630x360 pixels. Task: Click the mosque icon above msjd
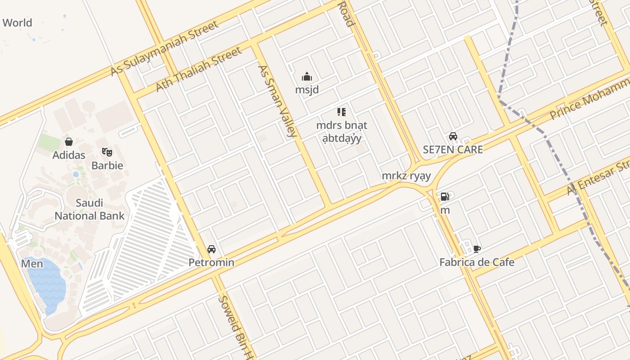coord(307,76)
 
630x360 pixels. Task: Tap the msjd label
coord(307,90)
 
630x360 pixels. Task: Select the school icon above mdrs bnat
coord(342,112)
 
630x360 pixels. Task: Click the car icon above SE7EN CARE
coord(453,136)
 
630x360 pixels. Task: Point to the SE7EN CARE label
coord(453,149)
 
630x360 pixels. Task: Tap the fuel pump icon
coord(445,197)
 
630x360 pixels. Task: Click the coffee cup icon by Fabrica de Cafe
coord(477,249)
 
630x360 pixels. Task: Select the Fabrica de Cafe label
coord(477,262)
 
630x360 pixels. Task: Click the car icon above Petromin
coord(211,249)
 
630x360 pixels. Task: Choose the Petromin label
coord(211,262)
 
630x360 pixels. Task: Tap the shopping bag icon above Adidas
coord(69,142)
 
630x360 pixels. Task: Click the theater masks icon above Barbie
coord(107,152)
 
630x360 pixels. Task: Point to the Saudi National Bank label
coord(90,209)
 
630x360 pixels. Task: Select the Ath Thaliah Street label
coord(198,69)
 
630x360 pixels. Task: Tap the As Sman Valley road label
coord(277,101)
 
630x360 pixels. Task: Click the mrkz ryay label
coord(406,176)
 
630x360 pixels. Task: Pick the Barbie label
coord(107,165)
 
